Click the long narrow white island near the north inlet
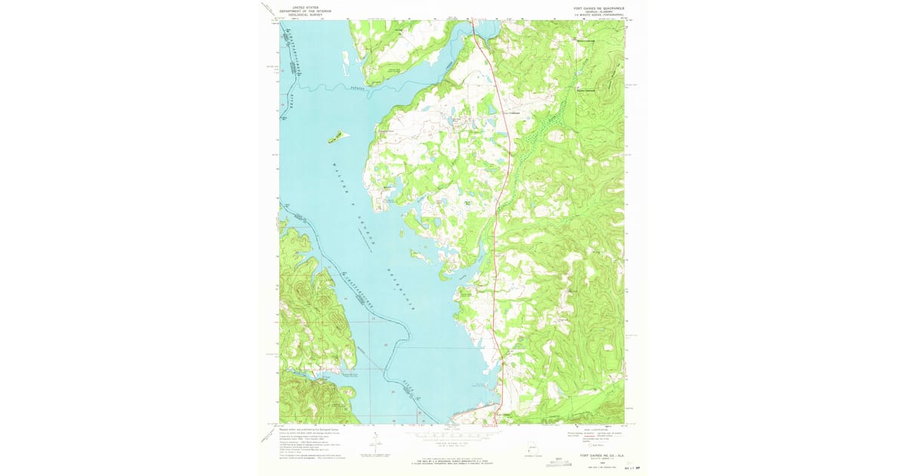pos(346,59)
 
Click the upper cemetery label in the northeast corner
pos(587,41)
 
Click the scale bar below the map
pos(451,437)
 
